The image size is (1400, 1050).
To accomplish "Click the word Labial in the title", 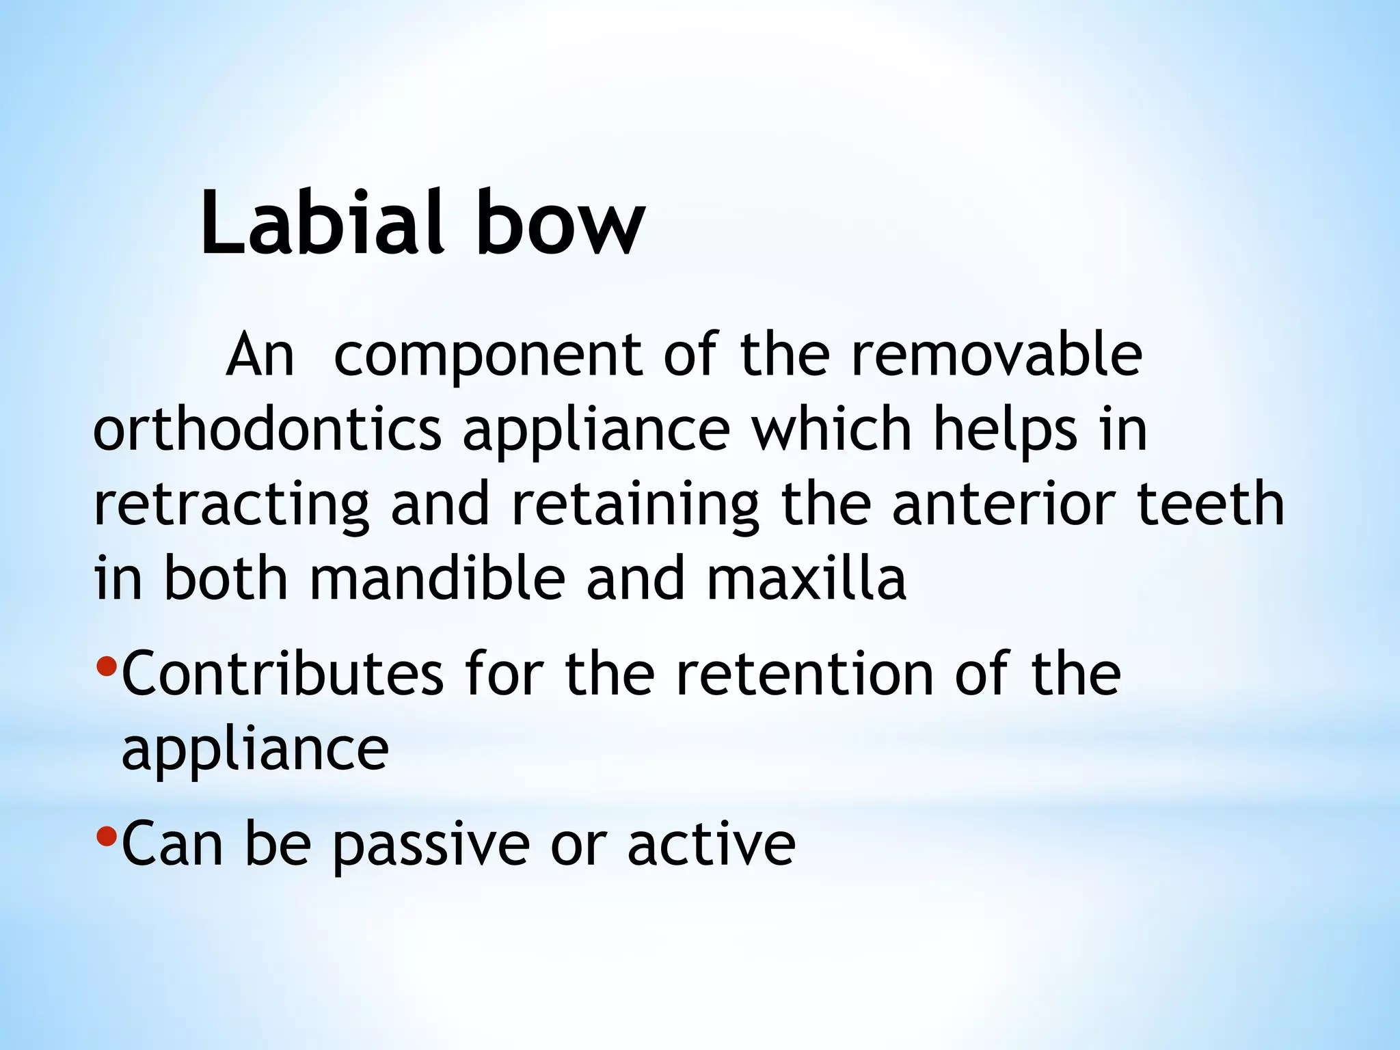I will [318, 223].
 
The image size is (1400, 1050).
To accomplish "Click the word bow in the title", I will [560, 223].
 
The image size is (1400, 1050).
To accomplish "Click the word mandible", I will [437, 579].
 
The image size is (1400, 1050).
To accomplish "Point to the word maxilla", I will [807, 579].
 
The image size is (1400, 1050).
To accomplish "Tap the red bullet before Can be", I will [107, 835].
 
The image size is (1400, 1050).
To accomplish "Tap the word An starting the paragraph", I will [260, 355].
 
